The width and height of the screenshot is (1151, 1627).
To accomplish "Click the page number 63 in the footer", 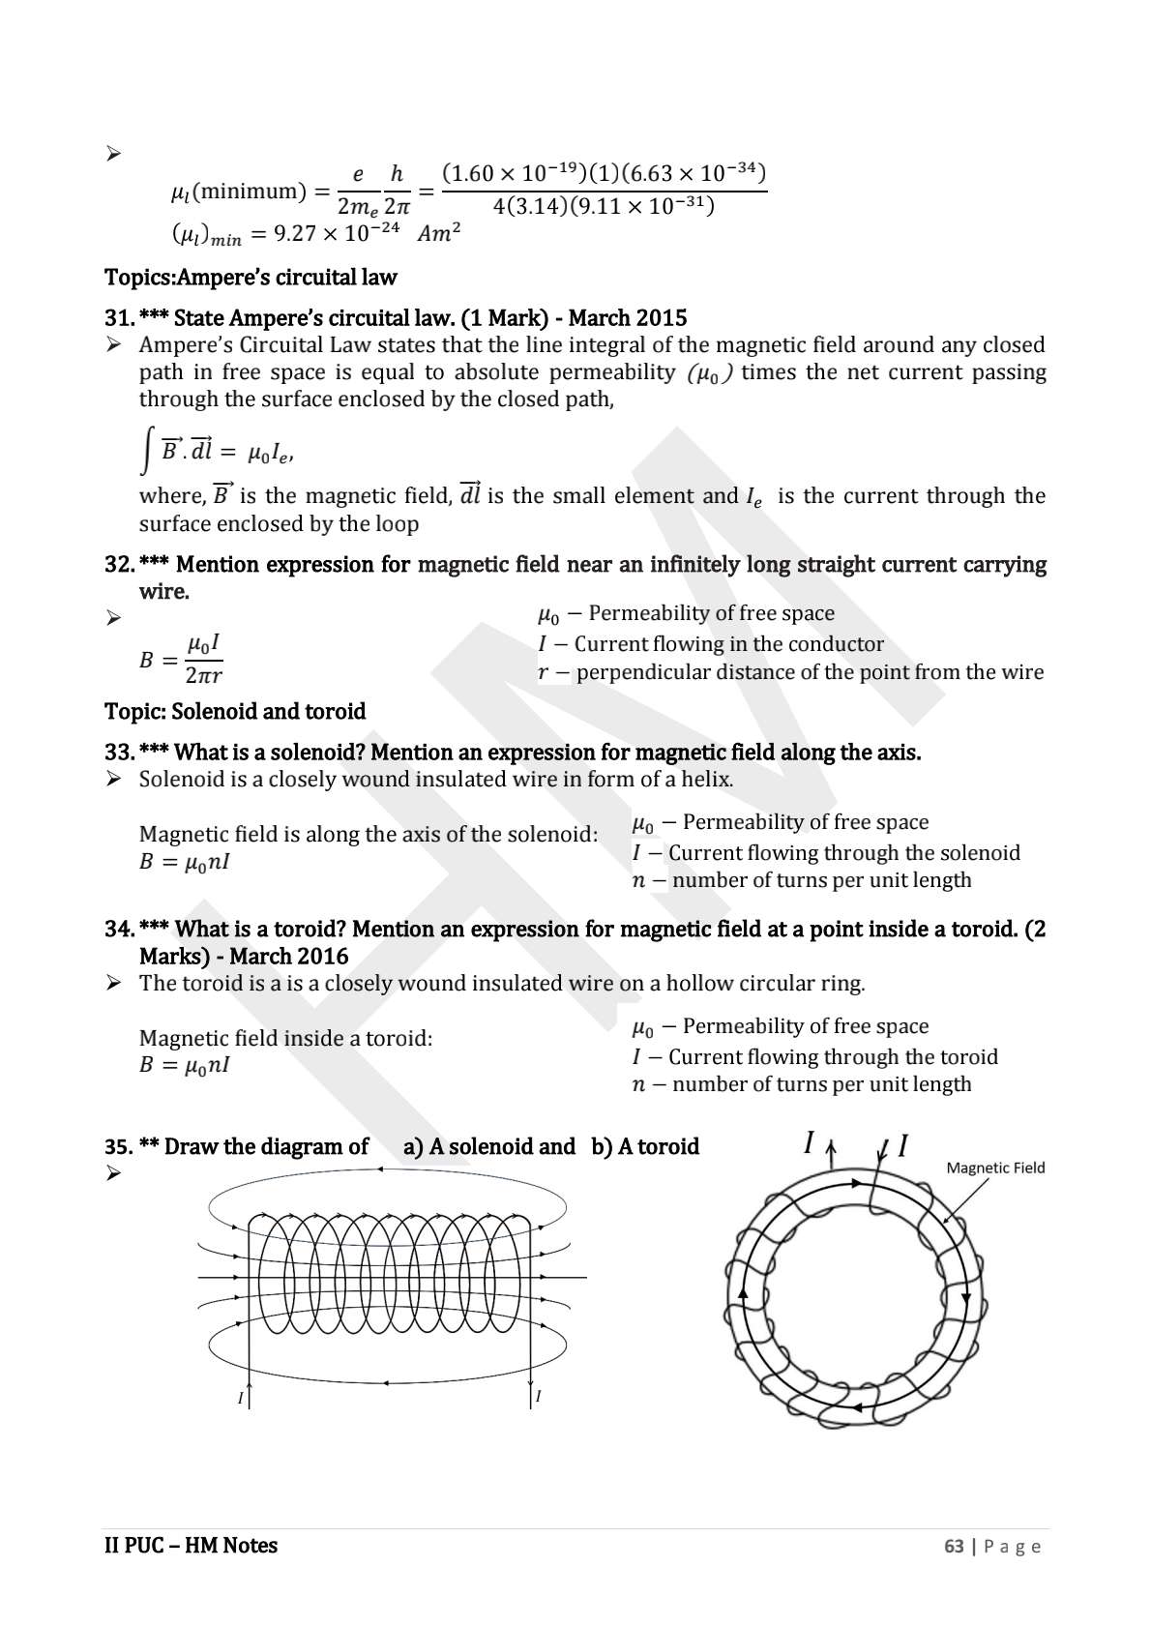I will [x=954, y=1546].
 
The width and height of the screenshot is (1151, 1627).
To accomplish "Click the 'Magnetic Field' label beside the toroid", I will [x=995, y=1168].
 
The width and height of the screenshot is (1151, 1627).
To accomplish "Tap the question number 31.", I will [x=118, y=318].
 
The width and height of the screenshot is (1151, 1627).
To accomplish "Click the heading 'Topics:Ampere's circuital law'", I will [x=251, y=278].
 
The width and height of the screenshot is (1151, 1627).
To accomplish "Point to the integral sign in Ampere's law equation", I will [x=145, y=453].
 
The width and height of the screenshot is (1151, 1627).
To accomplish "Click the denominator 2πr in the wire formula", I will [x=203, y=675].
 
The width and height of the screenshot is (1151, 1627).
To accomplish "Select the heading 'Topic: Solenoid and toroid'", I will [x=235, y=712].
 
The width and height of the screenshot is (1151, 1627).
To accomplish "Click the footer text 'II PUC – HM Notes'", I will [x=191, y=1546].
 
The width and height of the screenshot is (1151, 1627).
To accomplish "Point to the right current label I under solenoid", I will [x=538, y=1396].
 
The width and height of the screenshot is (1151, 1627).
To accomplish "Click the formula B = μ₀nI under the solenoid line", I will [x=184, y=862].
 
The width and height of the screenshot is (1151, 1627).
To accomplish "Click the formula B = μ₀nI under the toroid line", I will [x=184, y=1066].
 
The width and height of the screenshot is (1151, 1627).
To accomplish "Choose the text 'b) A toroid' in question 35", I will [x=645, y=1147].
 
